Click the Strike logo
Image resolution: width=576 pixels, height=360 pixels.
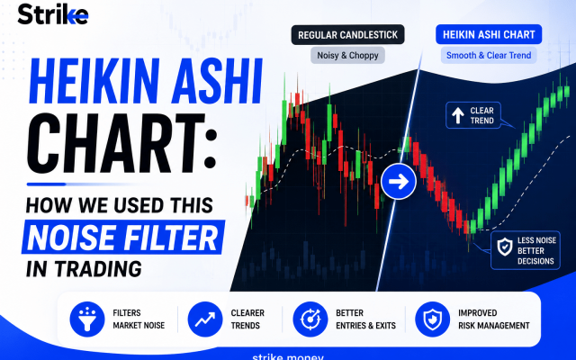click(x=53, y=14)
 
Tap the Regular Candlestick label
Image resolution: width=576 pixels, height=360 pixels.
click(x=348, y=35)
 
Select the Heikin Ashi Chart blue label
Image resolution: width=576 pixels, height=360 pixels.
click(x=489, y=34)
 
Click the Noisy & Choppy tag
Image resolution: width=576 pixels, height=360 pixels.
click(x=347, y=56)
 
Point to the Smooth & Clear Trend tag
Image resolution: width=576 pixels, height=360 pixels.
click(x=489, y=56)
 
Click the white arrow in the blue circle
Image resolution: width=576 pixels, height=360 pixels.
click(x=399, y=182)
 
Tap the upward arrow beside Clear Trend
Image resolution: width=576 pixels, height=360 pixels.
click(x=458, y=115)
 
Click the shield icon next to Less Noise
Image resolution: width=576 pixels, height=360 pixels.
click(x=505, y=247)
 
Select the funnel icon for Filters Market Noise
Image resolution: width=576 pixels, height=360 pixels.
click(x=87, y=319)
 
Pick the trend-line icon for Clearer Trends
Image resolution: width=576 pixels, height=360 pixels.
click(x=205, y=319)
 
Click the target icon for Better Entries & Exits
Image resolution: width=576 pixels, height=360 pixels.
click(x=310, y=319)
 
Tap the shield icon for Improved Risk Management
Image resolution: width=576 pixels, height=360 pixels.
click(x=432, y=319)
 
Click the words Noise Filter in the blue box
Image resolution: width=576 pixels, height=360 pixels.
click(x=122, y=238)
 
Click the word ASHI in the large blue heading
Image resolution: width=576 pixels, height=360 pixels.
click(x=217, y=81)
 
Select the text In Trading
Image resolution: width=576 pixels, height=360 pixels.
click(x=84, y=269)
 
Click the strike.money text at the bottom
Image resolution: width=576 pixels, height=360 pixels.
click(x=288, y=356)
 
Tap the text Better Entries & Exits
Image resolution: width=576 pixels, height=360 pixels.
click(x=365, y=319)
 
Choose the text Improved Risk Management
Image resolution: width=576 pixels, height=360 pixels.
click(x=494, y=319)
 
